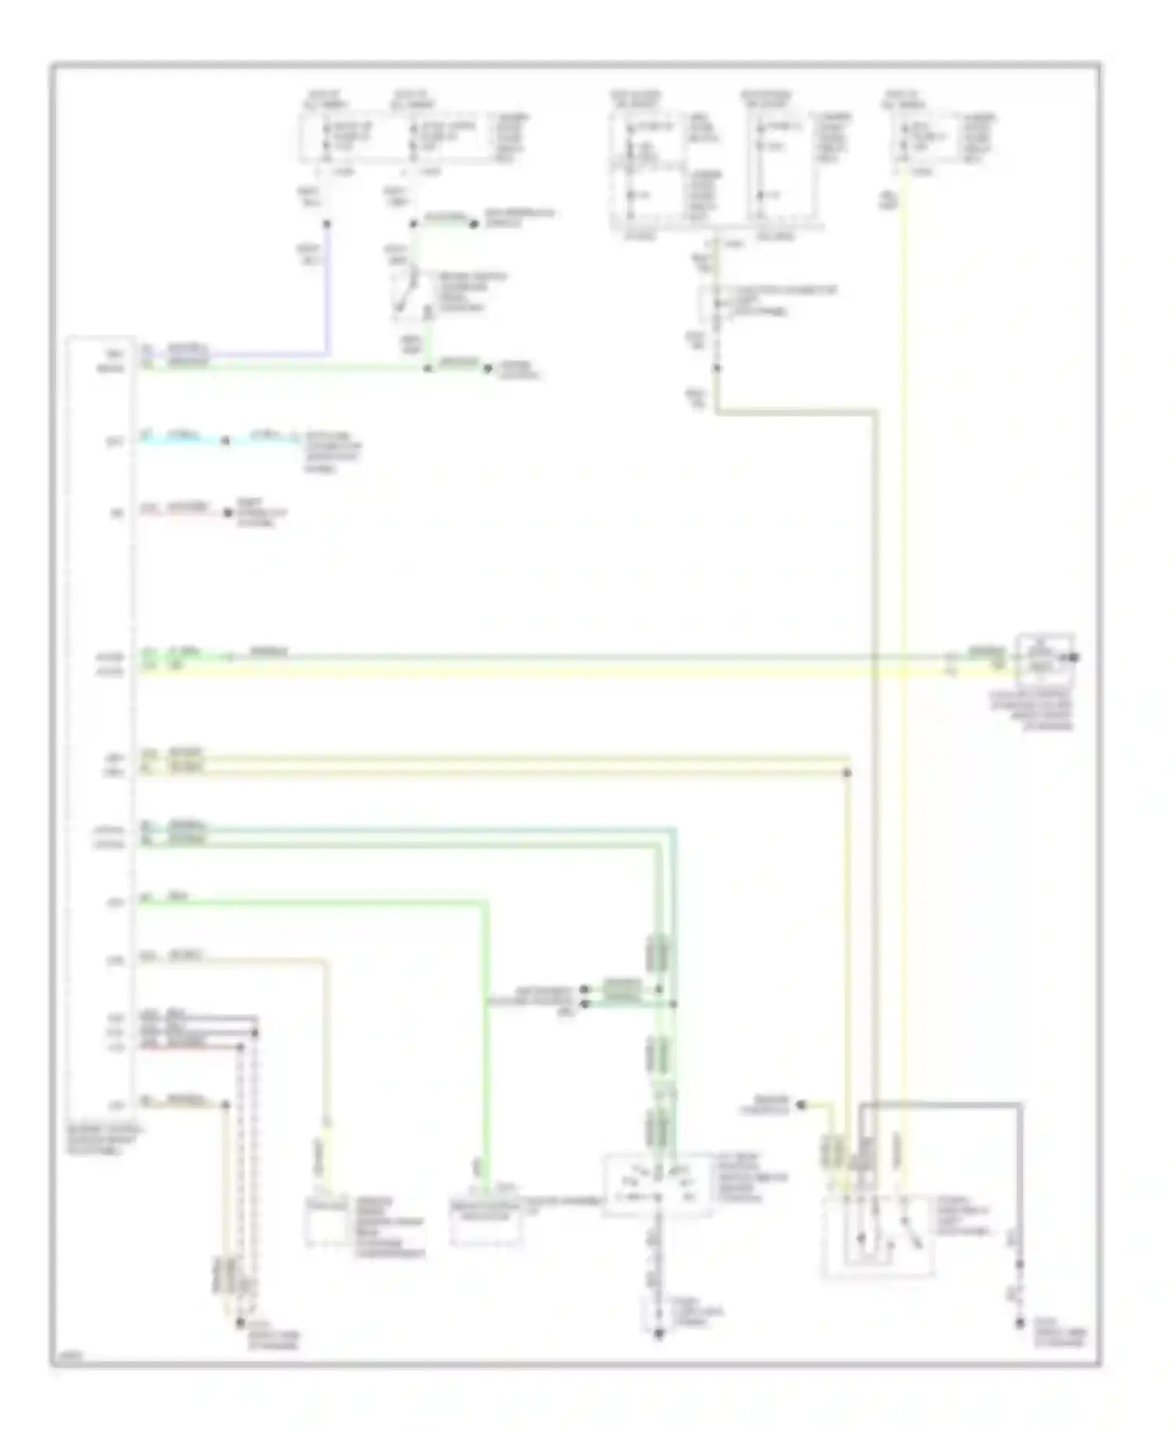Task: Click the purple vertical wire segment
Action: click(x=327, y=289)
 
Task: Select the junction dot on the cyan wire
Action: click(x=225, y=441)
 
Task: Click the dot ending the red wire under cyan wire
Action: click(x=228, y=513)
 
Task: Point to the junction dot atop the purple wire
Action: click(x=327, y=225)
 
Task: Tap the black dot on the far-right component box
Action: click(x=1074, y=657)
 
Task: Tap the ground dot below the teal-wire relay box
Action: click(x=658, y=1335)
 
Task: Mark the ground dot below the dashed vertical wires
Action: click(x=239, y=1323)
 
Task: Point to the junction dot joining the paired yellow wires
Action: click(x=847, y=774)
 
